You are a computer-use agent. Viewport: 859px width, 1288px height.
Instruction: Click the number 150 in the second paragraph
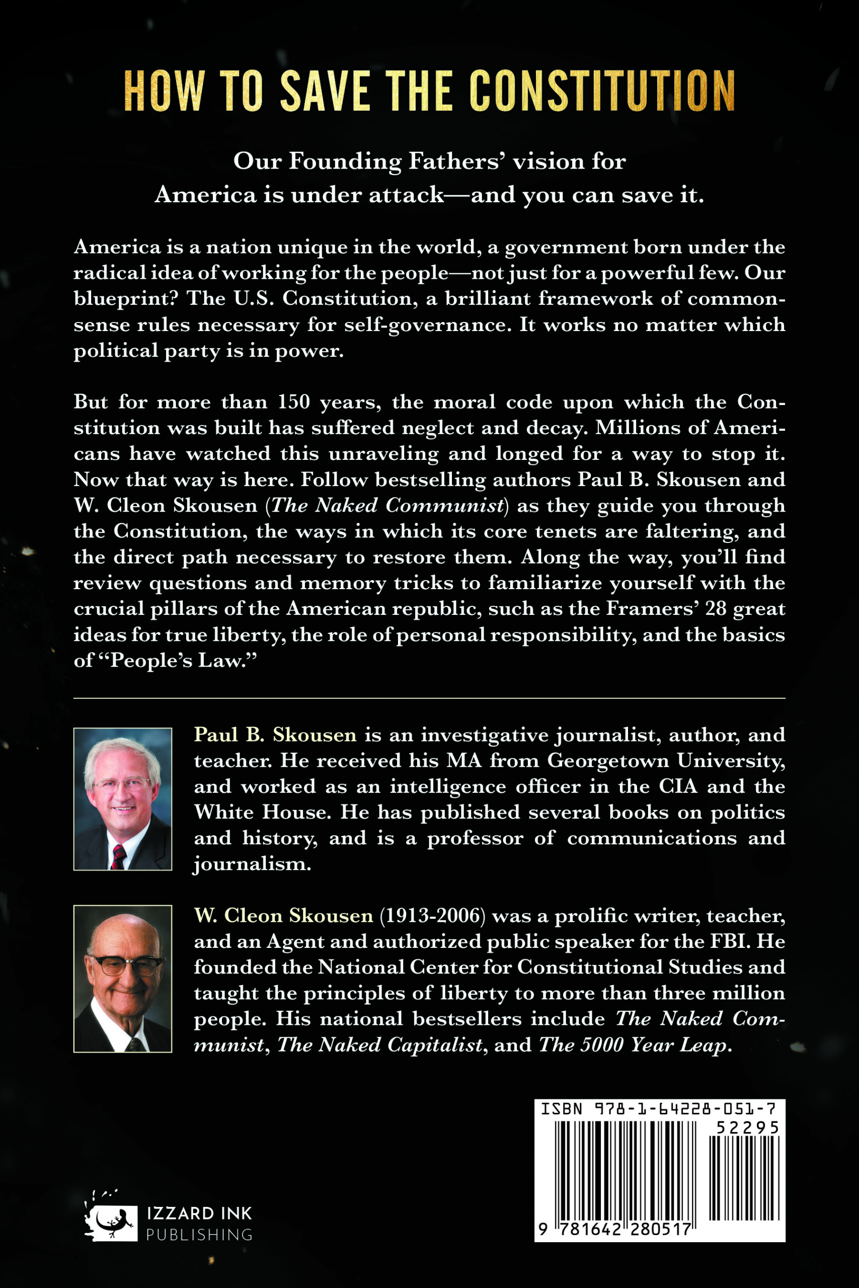click(294, 402)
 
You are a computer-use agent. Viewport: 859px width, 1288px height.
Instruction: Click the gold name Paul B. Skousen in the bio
click(275, 735)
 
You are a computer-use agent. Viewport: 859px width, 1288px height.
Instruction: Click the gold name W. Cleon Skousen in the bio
click(283, 916)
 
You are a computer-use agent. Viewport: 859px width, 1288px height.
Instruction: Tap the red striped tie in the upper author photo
click(119, 856)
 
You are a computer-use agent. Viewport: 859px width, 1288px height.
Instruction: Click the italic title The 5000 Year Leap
click(634, 1045)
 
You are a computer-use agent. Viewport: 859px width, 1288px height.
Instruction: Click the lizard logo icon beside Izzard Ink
click(111, 1222)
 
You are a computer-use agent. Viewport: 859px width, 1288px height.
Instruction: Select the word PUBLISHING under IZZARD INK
click(199, 1235)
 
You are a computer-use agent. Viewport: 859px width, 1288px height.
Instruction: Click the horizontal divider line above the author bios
click(430, 699)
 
